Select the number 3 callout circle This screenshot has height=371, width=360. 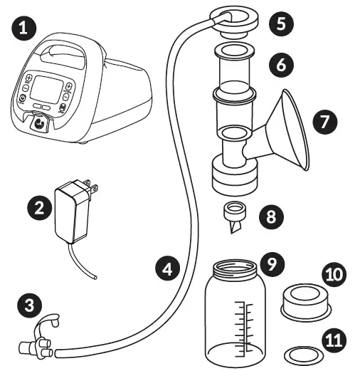(28, 305)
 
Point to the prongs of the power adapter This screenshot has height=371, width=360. (92, 187)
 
